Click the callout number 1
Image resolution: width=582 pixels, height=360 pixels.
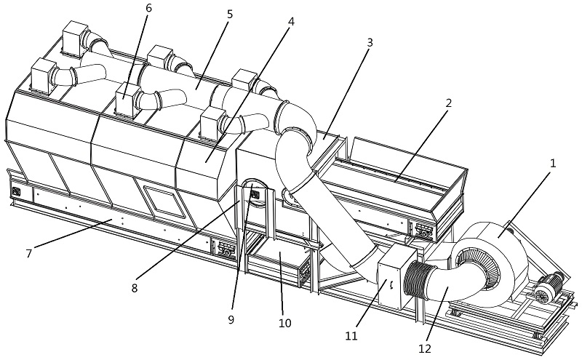coord(552,164)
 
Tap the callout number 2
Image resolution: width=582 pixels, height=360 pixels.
coord(449,103)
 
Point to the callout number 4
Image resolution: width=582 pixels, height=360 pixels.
coord(291,22)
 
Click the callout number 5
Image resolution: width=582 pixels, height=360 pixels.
coord(229,14)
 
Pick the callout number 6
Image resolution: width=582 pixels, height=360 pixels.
coord(148,7)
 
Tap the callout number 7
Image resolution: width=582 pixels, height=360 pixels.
coord(28,254)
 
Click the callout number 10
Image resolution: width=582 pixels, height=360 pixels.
coord(284,323)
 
